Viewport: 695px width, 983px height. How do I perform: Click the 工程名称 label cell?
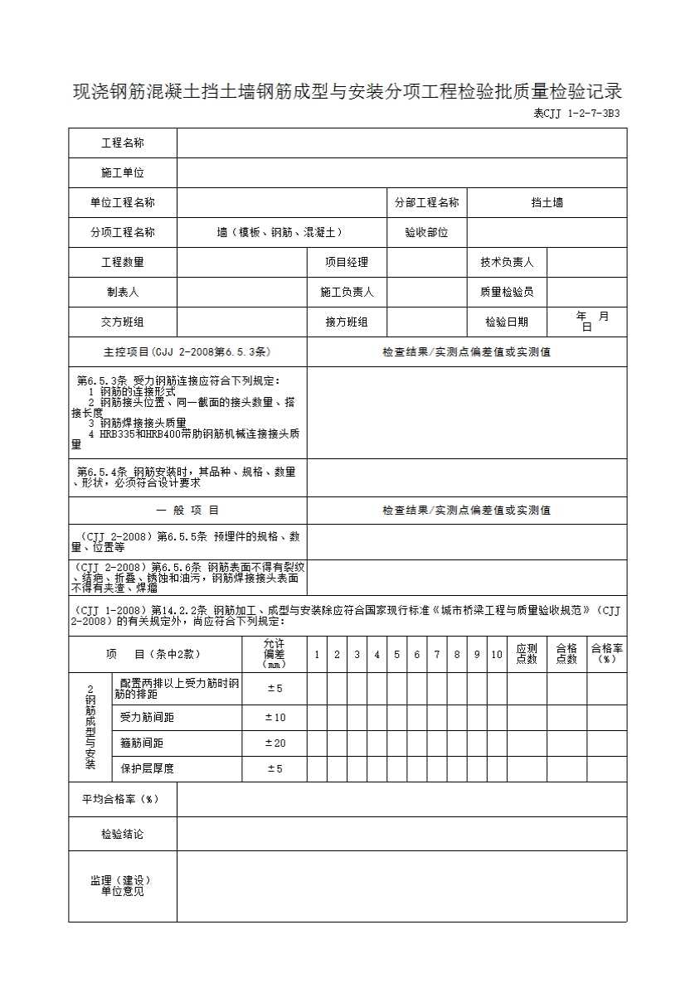pos(123,143)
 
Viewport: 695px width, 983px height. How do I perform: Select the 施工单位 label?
pos(123,173)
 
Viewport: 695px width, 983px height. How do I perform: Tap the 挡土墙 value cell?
pos(547,202)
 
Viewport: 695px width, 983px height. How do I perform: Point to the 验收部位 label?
pos(426,233)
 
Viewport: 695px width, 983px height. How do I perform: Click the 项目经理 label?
pos(347,263)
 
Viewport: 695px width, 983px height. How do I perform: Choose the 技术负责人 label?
pos(507,263)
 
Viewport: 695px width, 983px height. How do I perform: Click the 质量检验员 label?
pos(507,292)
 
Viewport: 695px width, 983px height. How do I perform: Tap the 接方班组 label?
pos(347,322)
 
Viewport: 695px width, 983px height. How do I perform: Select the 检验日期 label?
pos(507,322)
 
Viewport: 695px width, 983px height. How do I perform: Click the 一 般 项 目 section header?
pos(188,511)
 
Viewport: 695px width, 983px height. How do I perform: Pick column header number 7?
pos(437,655)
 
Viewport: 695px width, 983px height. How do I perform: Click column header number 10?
pos(497,655)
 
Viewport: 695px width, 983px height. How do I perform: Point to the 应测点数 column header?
pos(527,654)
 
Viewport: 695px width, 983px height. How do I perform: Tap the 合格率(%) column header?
pos(607,654)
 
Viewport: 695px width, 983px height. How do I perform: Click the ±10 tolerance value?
pos(275,718)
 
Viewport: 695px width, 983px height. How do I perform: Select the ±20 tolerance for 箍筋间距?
pos(275,743)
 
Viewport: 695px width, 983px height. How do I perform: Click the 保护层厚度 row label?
pos(148,769)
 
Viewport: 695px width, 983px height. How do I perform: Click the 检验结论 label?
pos(122,834)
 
